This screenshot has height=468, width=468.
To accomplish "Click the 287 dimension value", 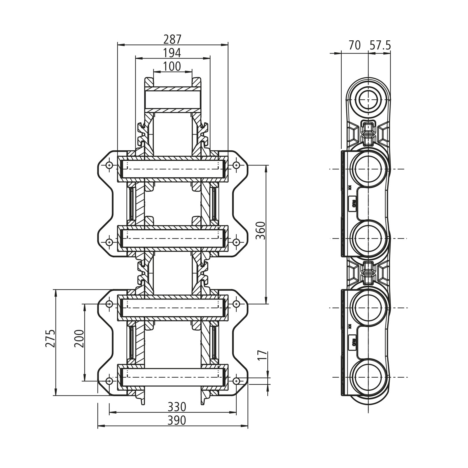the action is (172, 39).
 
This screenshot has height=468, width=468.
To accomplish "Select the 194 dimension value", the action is (172, 53).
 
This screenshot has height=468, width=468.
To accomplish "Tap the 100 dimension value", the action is (172, 67).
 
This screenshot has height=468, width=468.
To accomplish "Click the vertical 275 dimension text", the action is (50, 338).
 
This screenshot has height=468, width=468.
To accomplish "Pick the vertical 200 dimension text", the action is (79, 338).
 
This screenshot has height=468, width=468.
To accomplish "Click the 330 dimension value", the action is (177, 407).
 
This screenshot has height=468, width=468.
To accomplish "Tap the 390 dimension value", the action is (177, 420).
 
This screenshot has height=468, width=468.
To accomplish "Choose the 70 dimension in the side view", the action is (355, 45).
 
